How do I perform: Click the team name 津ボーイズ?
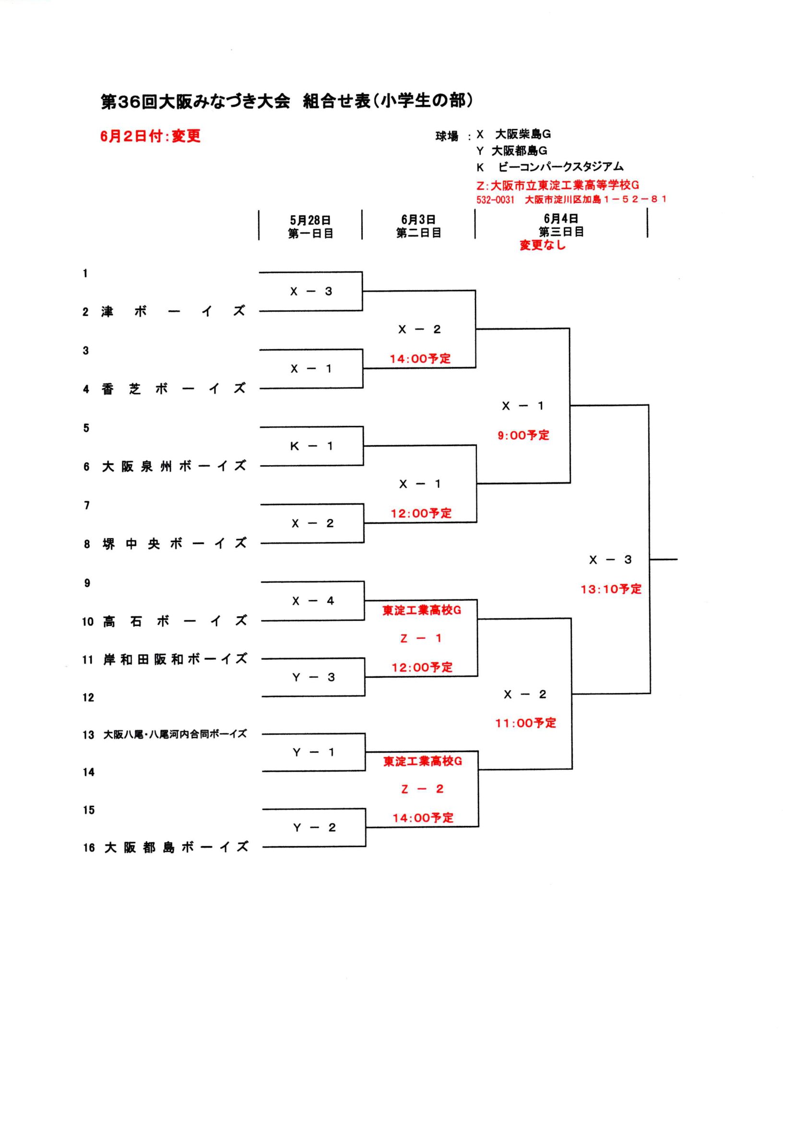pos(173,311)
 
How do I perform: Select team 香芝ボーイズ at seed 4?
pos(173,389)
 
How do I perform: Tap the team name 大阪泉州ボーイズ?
pos(174,466)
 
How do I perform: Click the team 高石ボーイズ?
pos(175,621)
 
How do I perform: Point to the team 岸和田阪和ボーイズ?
pos(175,660)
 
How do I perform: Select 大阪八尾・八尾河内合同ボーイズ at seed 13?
pos(175,734)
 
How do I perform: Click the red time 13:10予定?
pos(611,590)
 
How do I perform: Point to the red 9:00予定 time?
pos(523,435)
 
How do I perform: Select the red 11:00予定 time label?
pos(526,723)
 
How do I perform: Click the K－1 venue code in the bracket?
pos(311,446)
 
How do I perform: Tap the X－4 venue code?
pos(313,601)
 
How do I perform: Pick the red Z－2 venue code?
pos(422,789)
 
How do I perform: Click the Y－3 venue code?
pos(313,677)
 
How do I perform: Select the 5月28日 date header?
pos(310,220)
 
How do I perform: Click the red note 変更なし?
pos(543,245)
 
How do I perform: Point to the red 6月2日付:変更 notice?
pos(151,136)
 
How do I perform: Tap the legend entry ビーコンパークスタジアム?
pos(560,167)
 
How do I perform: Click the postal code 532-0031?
pos(495,200)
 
